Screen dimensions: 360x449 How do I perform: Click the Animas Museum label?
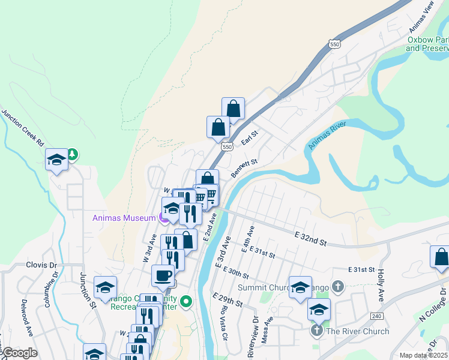pos(124,218)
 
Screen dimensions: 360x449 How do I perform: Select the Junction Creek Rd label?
pos(22,128)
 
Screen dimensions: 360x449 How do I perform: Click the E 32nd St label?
pos(310,239)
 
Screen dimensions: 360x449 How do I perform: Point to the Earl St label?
pos(249,139)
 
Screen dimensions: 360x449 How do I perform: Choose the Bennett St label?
pos(245,164)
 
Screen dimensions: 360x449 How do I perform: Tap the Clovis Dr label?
pos(41,265)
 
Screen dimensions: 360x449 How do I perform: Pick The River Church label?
pos(358,331)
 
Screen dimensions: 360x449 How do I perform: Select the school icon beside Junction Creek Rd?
pos(57,160)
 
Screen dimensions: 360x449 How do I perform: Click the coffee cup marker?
pos(163,276)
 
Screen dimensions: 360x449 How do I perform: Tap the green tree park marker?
pos(73,154)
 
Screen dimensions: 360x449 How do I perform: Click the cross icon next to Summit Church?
pos(338,287)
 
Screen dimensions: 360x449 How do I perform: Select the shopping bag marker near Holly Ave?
pos(441,257)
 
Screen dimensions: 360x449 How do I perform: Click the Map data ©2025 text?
pos(423,355)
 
